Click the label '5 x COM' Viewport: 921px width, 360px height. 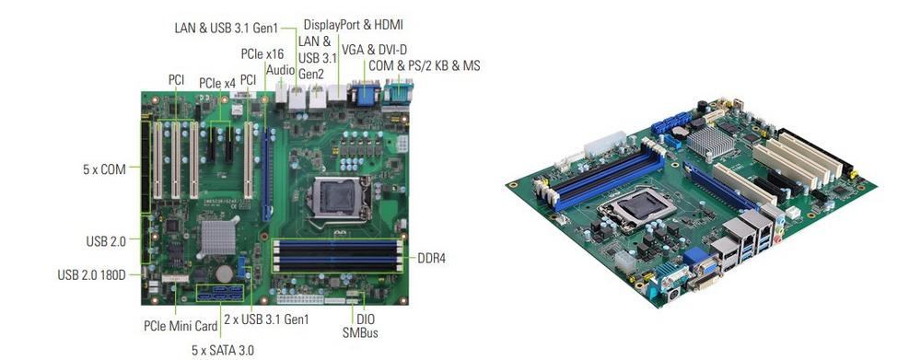click(104, 169)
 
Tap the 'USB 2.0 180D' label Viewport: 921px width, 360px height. click(91, 275)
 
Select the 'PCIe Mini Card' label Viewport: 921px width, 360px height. click(181, 324)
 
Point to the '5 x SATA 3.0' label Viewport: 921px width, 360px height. click(223, 350)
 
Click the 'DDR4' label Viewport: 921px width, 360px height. click(432, 257)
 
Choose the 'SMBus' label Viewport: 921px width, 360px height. click(360, 333)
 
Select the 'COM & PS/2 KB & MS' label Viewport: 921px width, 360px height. click(424, 65)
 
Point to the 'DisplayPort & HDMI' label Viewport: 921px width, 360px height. click(353, 25)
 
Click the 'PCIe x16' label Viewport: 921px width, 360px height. click(262, 54)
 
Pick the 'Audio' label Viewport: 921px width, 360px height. click(280, 70)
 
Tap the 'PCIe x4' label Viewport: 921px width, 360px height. click(216, 84)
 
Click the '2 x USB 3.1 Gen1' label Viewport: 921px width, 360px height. click(266, 319)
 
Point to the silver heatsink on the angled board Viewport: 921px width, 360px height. click(709, 142)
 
